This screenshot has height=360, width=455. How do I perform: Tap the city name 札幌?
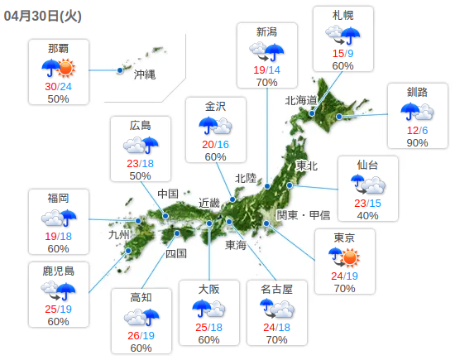[x=343, y=16]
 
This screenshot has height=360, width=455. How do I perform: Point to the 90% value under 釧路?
[x=418, y=143]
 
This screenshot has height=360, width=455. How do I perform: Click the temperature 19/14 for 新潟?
[x=266, y=70]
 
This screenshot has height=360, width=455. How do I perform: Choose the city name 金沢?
[x=215, y=105]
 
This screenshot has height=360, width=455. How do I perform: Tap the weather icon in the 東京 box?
[x=344, y=257]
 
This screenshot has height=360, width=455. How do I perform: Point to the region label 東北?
[x=307, y=166]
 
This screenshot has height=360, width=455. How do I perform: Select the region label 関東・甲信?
[x=303, y=215]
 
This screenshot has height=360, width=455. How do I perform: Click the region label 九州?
[x=120, y=235]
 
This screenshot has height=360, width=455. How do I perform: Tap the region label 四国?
[x=176, y=253]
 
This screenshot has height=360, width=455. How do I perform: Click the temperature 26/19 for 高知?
[x=141, y=336]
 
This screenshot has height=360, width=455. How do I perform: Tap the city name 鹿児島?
[x=58, y=270]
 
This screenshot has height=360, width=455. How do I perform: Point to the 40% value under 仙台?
[x=367, y=216]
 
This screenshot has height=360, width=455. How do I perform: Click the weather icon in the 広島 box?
[x=141, y=146]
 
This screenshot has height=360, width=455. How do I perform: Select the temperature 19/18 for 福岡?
[x=58, y=236]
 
